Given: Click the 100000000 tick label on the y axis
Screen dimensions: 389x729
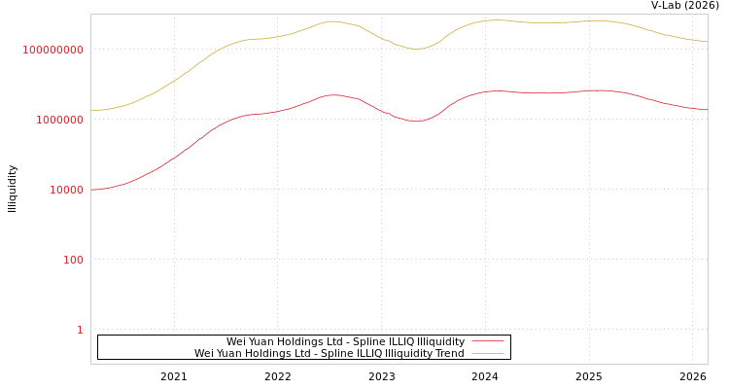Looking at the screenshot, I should [53, 50].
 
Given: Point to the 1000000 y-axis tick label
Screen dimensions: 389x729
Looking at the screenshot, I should [58, 120].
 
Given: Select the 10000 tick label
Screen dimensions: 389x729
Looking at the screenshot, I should [66, 190].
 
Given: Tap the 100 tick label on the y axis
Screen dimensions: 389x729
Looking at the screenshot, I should [73, 260].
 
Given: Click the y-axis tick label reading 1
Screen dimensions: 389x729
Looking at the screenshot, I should [80, 330].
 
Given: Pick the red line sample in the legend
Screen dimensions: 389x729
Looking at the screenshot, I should [487, 341].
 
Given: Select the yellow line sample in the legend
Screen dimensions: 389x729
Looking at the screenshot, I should [487, 353].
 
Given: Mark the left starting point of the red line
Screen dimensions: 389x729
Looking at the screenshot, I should [91, 190].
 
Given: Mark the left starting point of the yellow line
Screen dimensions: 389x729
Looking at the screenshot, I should [91, 110].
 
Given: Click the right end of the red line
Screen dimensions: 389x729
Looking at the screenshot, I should [707, 110].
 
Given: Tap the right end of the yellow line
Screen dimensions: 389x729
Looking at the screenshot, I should [707, 42].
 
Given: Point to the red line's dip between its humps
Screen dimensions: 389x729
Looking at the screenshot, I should [416, 122].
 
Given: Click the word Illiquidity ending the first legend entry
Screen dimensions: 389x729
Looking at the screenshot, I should [440, 341].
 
